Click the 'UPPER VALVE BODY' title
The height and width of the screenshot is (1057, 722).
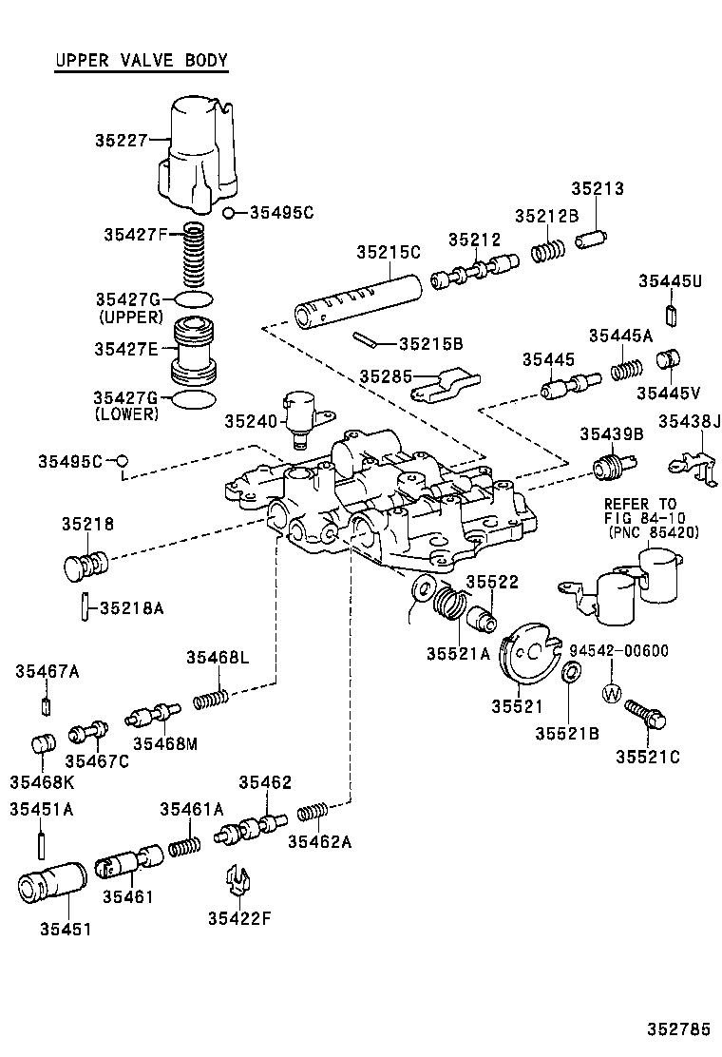click(141, 62)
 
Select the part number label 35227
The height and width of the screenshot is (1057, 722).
click(121, 140)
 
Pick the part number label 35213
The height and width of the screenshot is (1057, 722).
click(597, 188)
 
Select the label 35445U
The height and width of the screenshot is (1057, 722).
click(670, 281)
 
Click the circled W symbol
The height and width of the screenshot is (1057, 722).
click(611, 694)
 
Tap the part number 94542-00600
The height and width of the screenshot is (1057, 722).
click(618, 651)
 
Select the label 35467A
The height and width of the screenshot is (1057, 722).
click(47, 672)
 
